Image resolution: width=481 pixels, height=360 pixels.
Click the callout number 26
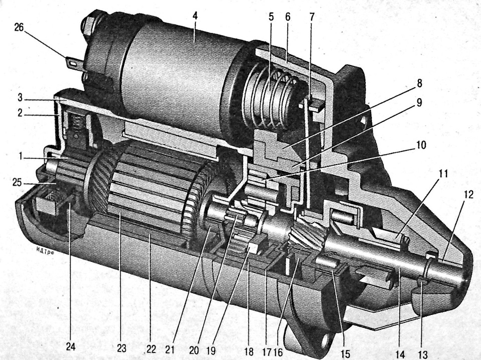[19, 28]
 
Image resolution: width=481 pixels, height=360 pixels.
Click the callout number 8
[419, 83]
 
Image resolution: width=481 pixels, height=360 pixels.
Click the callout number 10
[421, 144]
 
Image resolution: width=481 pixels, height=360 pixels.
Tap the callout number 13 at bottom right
[423, 354]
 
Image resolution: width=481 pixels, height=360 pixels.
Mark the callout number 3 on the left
[20, 99]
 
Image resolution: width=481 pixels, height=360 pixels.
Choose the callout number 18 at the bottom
[250, 351]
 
